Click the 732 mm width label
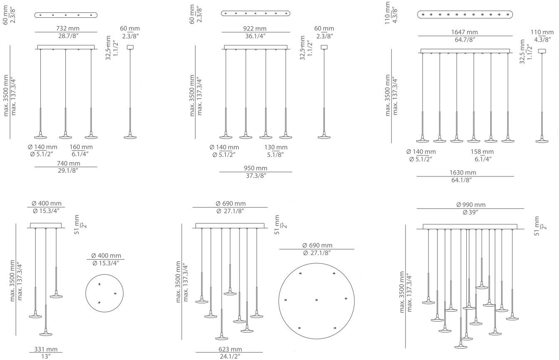pyautogui.click(x=68, y=28)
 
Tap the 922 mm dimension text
pyautogui.click(x=255, y=29)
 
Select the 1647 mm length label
pyautogui.click(x=465, y=32)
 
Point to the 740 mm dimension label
pyautogui.click(x=69, y=163)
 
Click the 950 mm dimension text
pyautogui.click(x=255, y=168)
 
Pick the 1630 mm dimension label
pyautogui.click(x=463, y=173)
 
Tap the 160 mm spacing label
pyautogui.click(x=81, y=147)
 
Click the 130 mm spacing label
pyautogui.click(x=276, y=147)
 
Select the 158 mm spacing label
pyautogui.click(x=482, y=152)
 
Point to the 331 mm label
pyautogui.click(x=46, y=349)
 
